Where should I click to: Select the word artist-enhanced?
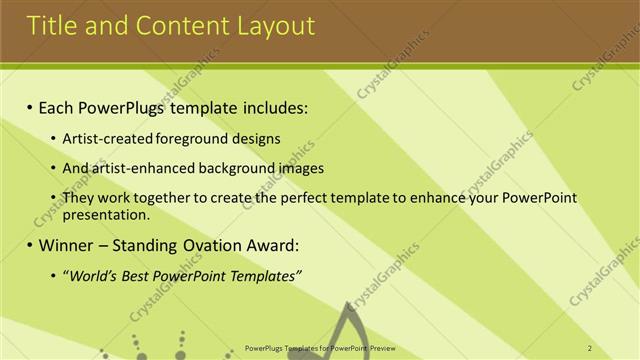click(141, 168)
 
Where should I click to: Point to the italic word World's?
click(91, 275)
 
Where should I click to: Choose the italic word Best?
click(134, 275)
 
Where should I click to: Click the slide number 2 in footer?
click(590, 348)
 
